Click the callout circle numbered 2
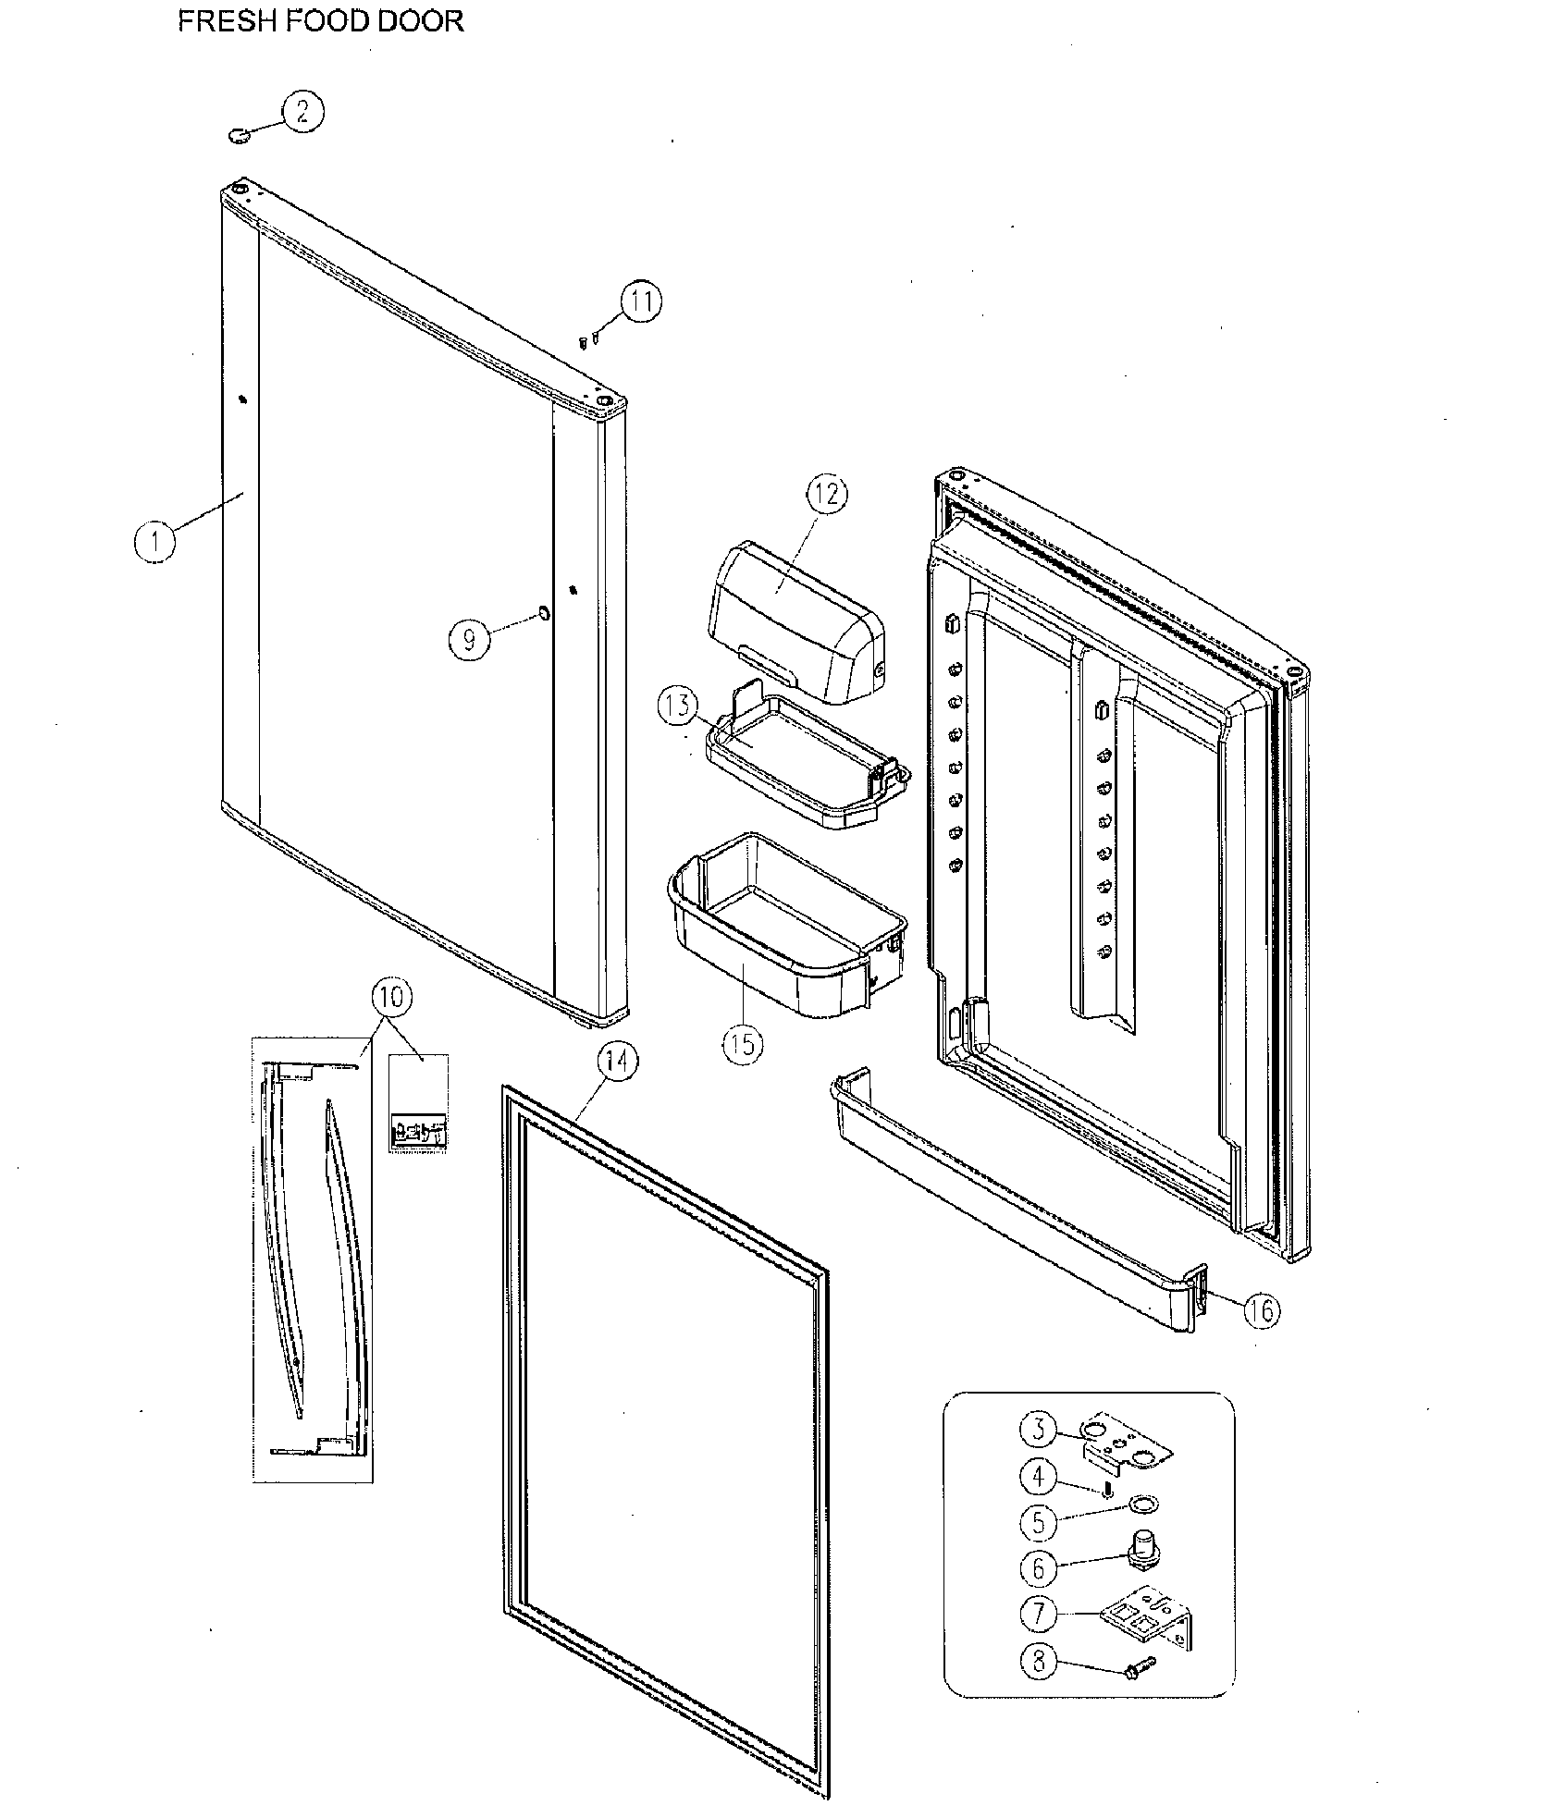[303, 114]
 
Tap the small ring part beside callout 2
[239, 137]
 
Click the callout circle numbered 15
[743, 1044]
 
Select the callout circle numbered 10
[392, 999]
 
